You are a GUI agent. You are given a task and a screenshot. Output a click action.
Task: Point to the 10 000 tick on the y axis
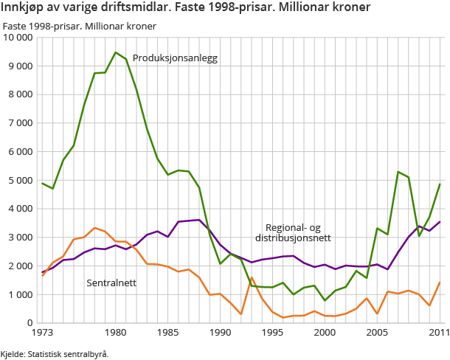18,38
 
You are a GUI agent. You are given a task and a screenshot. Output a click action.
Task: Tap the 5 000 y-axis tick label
21,180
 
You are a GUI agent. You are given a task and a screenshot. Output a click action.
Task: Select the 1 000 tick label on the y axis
21,294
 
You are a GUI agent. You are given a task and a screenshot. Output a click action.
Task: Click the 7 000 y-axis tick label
21,123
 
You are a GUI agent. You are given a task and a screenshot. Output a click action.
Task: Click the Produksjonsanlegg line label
175,58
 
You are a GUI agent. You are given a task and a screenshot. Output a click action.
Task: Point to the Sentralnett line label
111,283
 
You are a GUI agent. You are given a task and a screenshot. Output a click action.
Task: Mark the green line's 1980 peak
116,52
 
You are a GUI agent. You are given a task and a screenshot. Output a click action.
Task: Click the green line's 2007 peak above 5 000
398,172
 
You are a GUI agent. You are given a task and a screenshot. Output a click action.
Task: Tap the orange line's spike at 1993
252,278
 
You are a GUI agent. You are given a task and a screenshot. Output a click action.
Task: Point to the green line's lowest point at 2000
325,300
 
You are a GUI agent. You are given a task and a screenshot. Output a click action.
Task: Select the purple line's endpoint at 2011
440,222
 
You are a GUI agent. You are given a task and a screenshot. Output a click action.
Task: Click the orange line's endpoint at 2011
440,283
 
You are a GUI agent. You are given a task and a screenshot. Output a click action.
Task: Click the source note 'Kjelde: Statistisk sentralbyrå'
55,353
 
